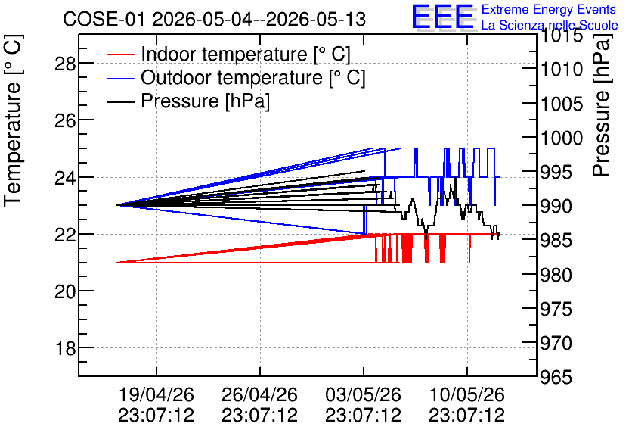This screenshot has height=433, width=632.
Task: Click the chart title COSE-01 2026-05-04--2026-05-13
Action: click(214, 19)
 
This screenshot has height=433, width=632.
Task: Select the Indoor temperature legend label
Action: click(246, 54)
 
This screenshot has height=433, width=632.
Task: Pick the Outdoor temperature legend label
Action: click(252, 77)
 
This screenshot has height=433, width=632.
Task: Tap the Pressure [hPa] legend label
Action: click(205, 101)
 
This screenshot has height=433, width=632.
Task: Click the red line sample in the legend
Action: click(120, 55)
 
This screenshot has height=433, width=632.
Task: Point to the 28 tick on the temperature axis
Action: click(65, 64)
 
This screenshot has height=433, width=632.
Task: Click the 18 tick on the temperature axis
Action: click(65, 348)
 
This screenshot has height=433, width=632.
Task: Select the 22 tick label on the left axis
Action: click(65, 235)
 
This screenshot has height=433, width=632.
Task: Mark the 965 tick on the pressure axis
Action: click(556, 377)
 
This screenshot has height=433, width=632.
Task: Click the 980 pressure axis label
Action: click(556, 275)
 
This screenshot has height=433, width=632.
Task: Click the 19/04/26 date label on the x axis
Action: click(156, 394)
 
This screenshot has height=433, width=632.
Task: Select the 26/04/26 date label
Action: click(260, 394)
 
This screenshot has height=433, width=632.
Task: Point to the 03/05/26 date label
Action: click(364, 394)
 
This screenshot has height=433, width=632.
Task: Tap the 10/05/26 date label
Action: click(467, 394)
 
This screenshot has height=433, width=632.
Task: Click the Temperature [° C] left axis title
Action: click(13, 121)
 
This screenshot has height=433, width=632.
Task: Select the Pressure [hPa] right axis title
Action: click(602, 105)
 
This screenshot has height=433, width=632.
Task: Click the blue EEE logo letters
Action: click(442, 17)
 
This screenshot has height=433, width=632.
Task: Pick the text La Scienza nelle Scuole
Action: click(550, 25)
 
